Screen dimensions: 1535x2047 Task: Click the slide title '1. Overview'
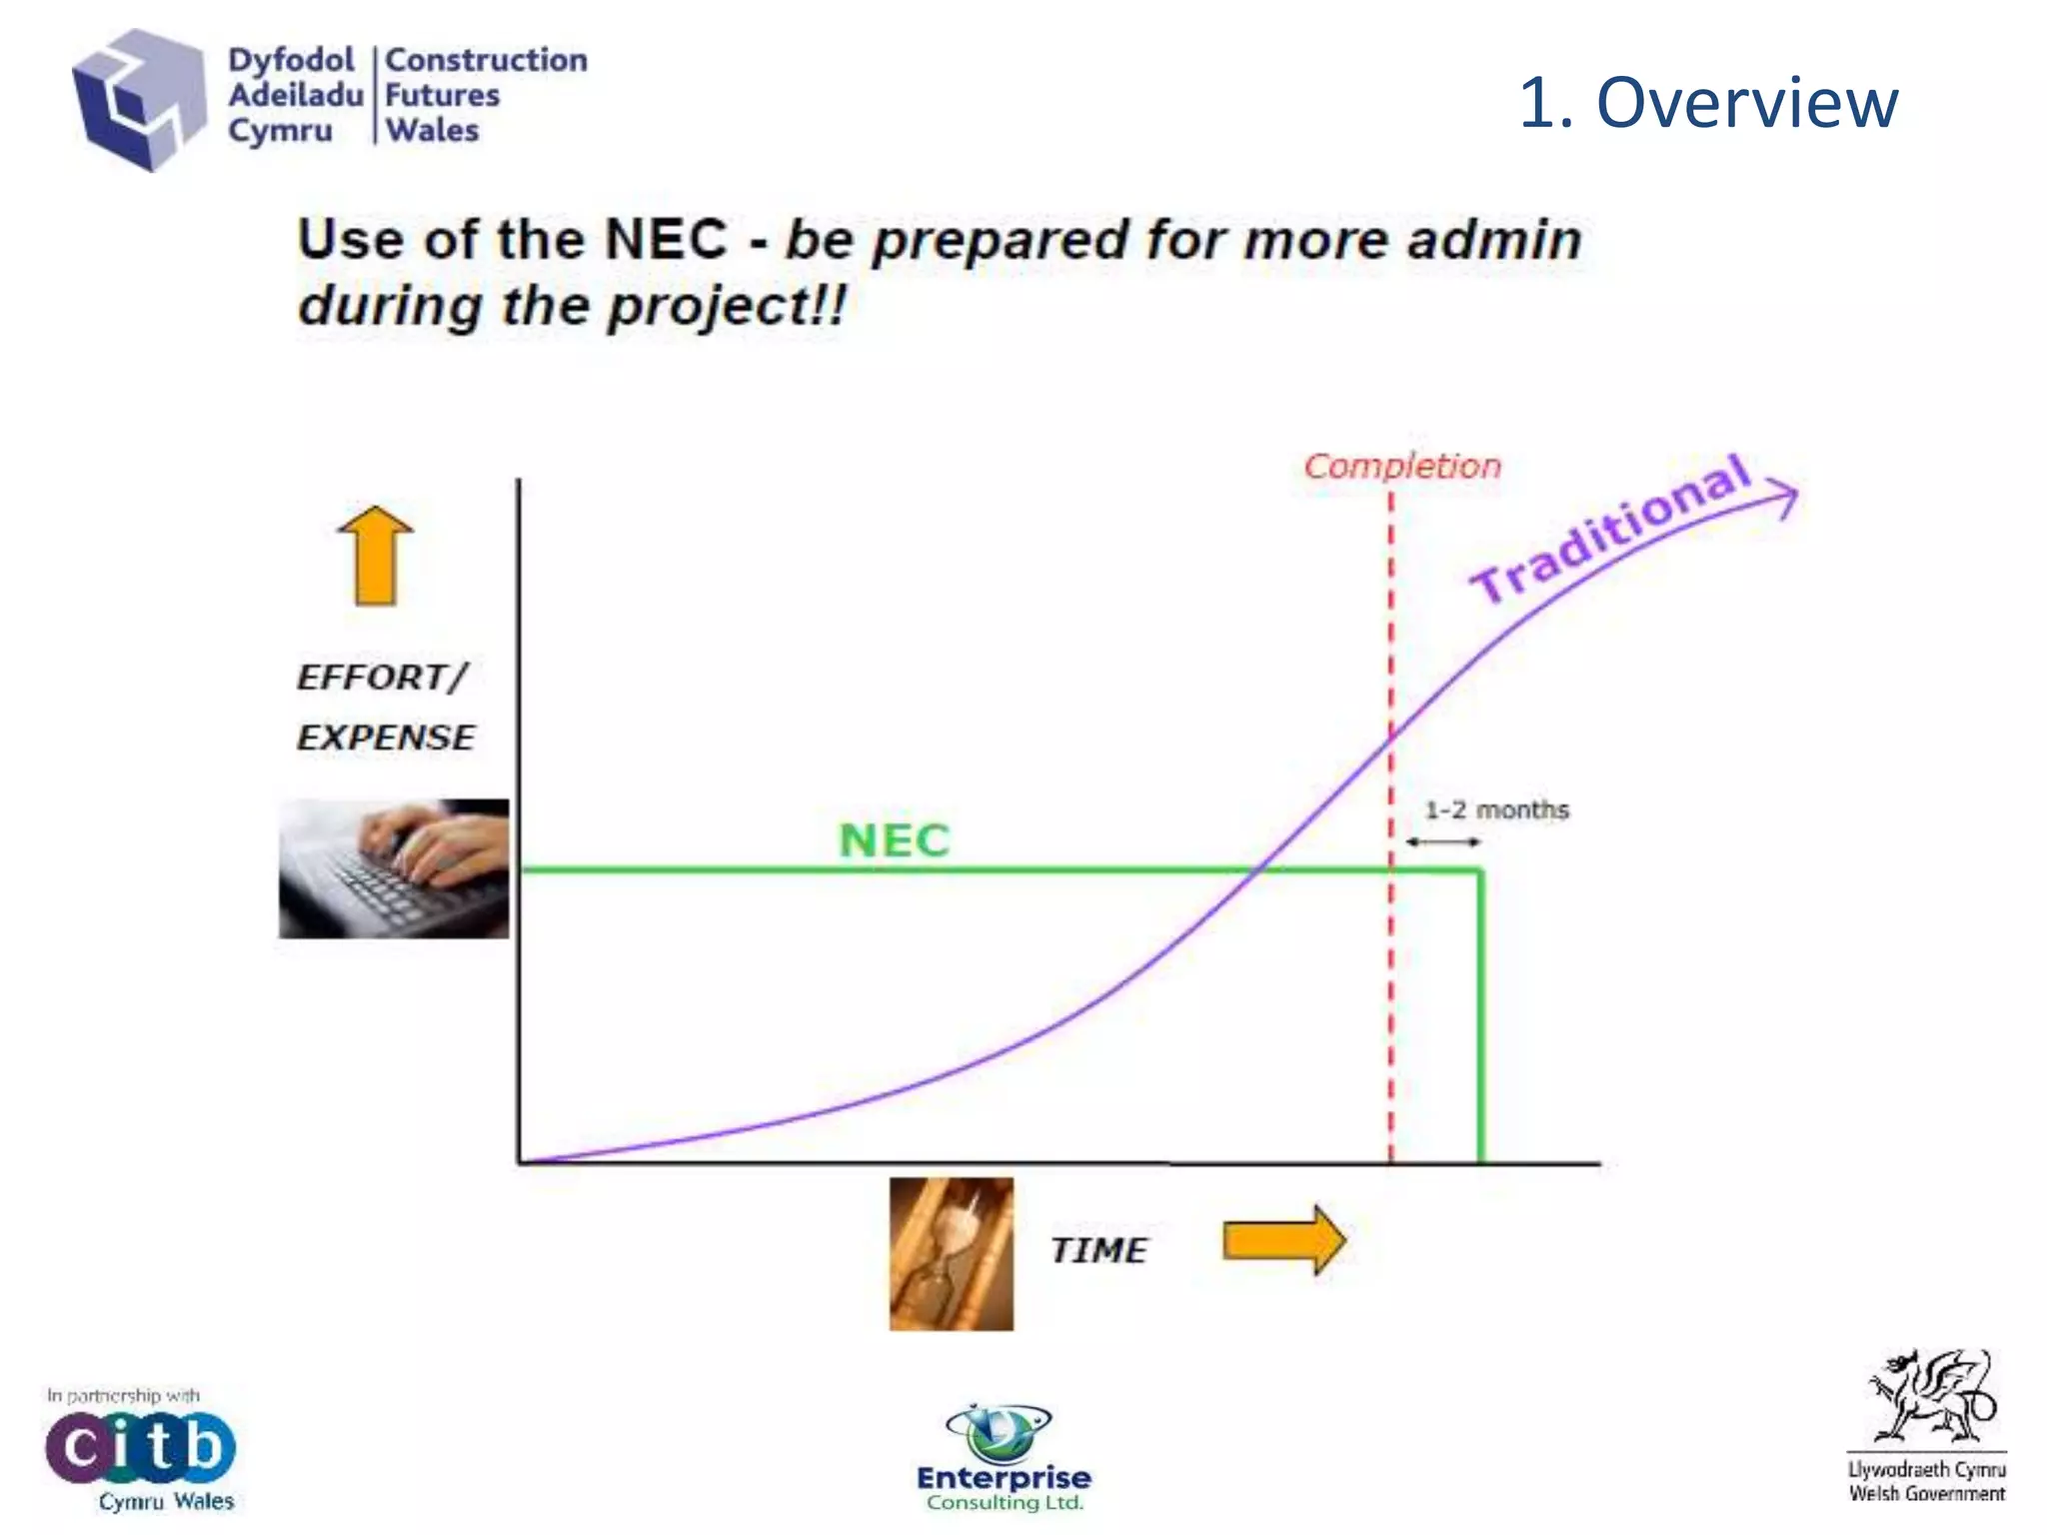click(1707, 102)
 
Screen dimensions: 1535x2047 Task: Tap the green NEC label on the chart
click(894, 839)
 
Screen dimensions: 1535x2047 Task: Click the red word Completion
click(1401, 466)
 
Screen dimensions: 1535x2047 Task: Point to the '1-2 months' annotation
click(1495, 809)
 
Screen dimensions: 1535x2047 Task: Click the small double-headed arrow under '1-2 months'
click(1442, 842)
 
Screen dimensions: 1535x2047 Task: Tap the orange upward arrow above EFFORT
click(375, 556)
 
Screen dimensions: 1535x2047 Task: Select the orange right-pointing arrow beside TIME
click(1284, 1240)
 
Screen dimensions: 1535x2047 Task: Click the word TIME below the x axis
click(1098, 1250)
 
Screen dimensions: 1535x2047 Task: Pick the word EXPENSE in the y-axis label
click(386, 738)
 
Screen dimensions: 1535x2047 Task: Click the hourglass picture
click(951, 1253)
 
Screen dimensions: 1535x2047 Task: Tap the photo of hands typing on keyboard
click(394, 867)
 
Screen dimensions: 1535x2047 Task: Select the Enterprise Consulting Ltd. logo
click(1004, 1459)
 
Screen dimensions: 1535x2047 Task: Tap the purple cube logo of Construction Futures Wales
click(138, 99)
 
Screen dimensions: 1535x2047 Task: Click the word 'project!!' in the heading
click(728, 306)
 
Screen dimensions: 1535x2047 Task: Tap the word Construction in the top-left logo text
click(486, 60)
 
